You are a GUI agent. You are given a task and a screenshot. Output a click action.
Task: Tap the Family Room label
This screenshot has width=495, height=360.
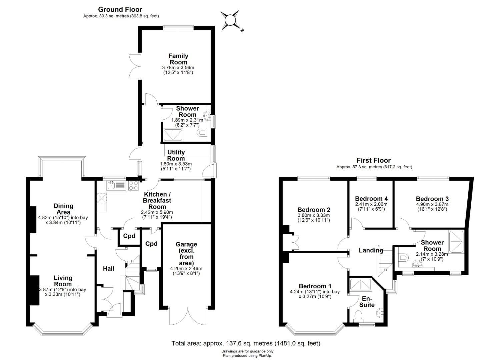[x=178, y=59]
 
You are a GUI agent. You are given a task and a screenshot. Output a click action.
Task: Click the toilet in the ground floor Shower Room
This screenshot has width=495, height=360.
[x=202, y=133]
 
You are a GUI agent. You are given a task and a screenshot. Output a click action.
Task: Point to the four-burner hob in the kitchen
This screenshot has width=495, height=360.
[x=133, y=185]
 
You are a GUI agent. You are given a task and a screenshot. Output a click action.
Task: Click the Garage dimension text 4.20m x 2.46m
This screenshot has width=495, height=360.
[x=186, y=269]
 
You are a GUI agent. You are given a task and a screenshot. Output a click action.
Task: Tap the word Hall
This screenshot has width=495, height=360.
[x=109, y=269]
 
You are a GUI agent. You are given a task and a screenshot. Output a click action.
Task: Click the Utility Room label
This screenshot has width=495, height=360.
[x=176, y=155]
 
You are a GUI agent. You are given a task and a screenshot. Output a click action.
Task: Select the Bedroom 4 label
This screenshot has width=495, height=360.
[x=371, y=199]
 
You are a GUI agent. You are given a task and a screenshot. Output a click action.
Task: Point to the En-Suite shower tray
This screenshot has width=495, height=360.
[x=361, y=284]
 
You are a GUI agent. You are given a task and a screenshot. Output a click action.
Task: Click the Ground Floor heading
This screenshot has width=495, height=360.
[x=120, y=10]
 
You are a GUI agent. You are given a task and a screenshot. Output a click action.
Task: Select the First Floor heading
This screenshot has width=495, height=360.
[x=374, y=160]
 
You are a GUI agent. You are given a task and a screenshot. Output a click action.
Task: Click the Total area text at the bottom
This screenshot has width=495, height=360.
[x=246, y=343]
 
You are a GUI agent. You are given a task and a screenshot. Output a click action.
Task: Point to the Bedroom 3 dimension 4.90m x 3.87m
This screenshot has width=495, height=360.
[x=432, y=204]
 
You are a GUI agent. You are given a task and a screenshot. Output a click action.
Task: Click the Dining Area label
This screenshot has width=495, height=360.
[x=63, y=209]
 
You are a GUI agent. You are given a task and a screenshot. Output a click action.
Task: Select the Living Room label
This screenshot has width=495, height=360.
[x=63, y=281]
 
